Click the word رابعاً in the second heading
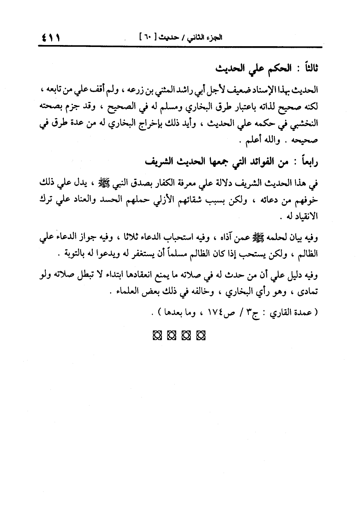coord(307,162)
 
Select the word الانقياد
coord(304,216)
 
